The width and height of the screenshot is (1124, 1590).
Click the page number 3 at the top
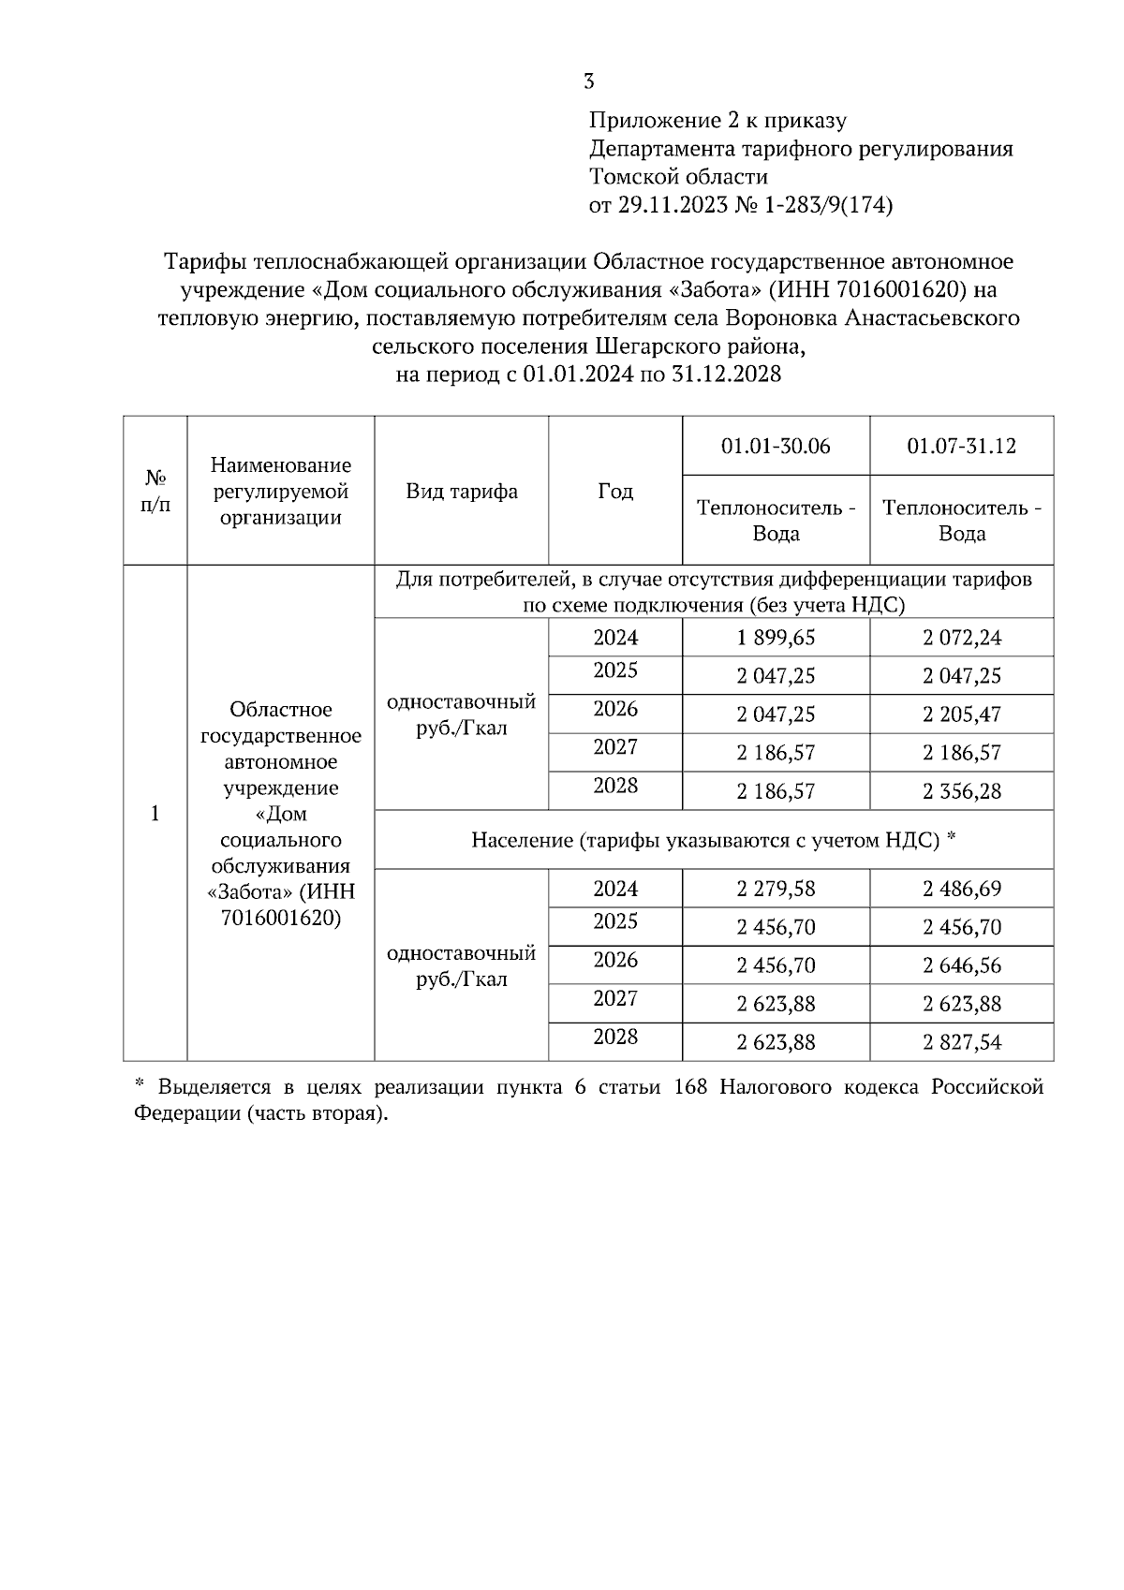point(588,81)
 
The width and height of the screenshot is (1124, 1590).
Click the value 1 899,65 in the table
point(776,638)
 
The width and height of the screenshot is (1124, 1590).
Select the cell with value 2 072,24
point(961,638)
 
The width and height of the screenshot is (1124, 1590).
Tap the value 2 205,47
point(961,714)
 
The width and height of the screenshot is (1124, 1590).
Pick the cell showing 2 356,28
point(961,791)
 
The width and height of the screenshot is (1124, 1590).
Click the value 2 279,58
point(776,889)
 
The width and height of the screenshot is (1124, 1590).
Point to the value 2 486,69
point(961,889)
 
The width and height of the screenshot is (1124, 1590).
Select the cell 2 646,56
point(961,965)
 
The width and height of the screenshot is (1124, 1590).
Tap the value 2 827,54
point(961,1042)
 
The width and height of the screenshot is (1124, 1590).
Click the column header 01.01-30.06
point(776,446)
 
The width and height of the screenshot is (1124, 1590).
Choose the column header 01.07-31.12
point(961,446)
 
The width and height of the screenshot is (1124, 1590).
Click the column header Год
point(615,491)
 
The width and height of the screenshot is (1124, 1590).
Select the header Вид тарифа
point(462,491)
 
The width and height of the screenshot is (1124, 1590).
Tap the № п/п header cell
point(155,491)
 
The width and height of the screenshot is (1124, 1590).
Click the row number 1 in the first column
point(155,813)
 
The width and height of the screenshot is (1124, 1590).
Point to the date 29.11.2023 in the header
point(672,205)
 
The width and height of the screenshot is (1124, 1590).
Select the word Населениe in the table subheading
point(521,840)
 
